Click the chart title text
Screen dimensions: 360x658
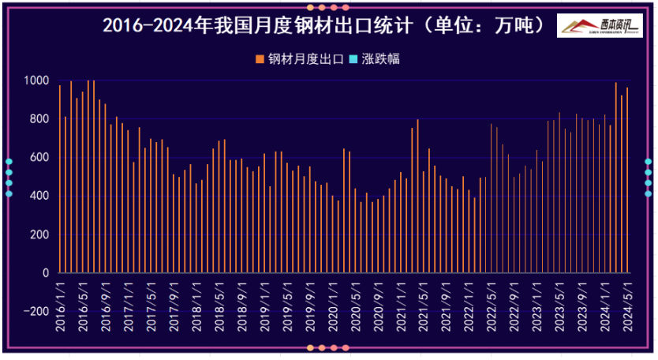[323, 25]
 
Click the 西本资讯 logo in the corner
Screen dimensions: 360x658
[599, 26]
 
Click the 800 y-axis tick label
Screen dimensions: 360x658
[39, 119]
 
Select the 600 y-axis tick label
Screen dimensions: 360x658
[39, 158]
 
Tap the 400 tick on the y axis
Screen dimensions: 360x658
[39, 196]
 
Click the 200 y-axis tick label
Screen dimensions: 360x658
[39, 234]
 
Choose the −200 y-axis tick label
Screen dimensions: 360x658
[35, 311]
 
